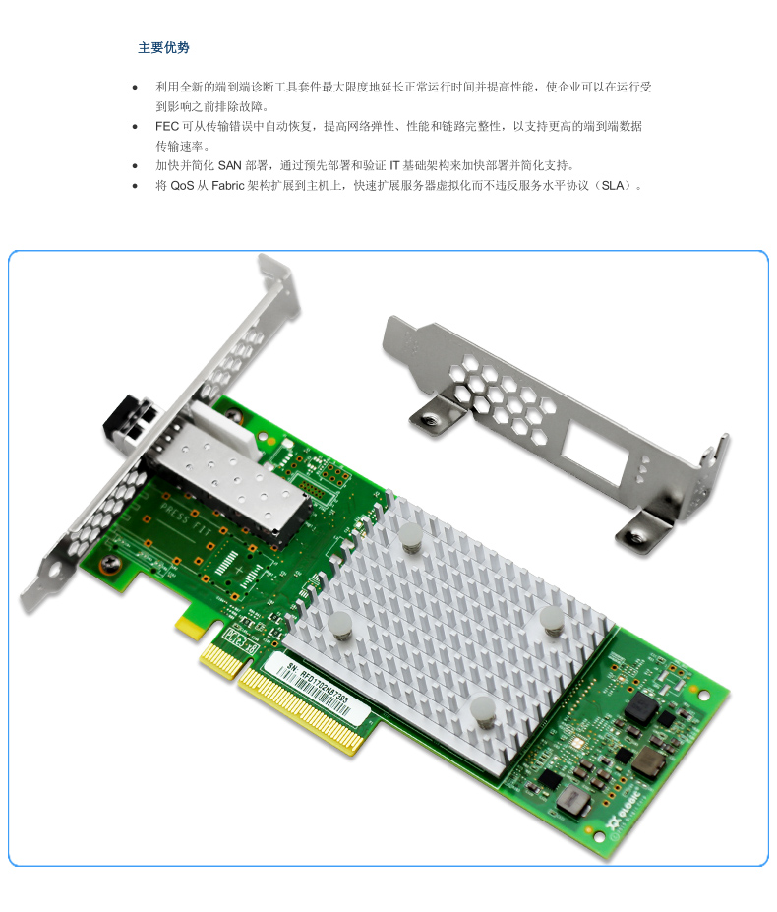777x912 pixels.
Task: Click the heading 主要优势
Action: point(163,47)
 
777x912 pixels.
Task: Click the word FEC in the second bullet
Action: point(166,127)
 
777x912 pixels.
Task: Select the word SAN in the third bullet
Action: point(229,165)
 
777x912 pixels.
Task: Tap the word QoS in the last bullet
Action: point(182,185)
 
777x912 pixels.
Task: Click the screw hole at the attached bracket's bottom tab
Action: point(110,562)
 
